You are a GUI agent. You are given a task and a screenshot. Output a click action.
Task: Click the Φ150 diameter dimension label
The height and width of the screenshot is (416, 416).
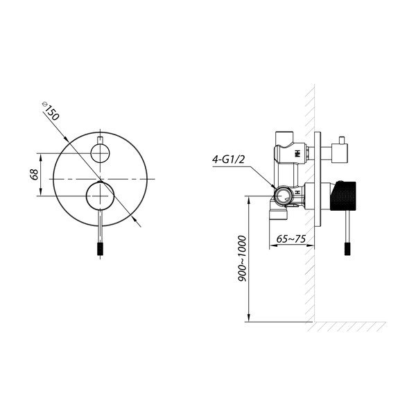coord(51,111)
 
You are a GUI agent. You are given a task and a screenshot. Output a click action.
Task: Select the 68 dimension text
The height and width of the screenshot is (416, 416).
coord(34,175)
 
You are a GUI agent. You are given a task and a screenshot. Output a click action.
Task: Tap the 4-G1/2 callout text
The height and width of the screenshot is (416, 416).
coord(228,159)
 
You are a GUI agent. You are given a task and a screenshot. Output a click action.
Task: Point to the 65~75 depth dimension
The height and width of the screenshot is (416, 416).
coord(291,239)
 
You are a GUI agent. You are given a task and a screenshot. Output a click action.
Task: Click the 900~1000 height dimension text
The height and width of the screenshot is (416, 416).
coord(242,259)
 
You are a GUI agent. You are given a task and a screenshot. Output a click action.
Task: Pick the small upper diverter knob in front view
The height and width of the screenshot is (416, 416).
coord(100,153)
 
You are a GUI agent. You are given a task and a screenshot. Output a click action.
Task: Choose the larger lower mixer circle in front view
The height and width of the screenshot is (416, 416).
coord(100,196)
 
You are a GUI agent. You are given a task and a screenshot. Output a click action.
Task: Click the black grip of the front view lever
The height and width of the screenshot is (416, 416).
coord(100,249)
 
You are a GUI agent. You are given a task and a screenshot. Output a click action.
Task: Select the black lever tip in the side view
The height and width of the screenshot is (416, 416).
coord(347,249)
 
